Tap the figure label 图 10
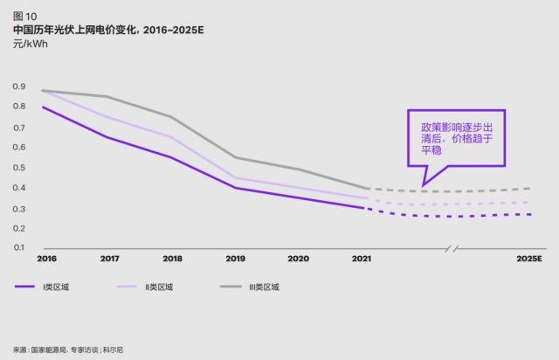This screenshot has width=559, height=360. pos(24,15)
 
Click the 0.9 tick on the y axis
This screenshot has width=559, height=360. pos(18,86)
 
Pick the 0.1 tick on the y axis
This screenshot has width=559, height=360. pos(18,247)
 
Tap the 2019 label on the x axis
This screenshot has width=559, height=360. pos(235,259)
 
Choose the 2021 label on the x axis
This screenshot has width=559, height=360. pos(362,259)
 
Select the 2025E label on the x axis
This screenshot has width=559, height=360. pos(529,259)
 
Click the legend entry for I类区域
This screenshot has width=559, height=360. pos(52,287)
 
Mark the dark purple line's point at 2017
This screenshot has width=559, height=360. pos(108,137)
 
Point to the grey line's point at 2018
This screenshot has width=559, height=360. pos(171,116)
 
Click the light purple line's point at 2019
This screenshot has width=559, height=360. pos(235,177)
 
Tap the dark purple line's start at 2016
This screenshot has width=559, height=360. pos(43,107)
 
